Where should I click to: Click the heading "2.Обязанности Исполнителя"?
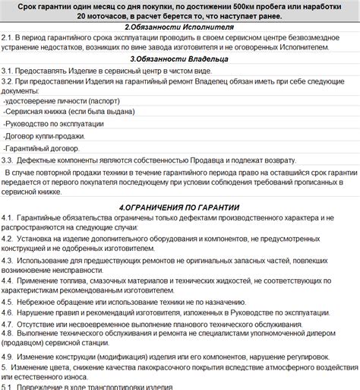point(179,26)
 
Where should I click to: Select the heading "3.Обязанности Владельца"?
point(179,59)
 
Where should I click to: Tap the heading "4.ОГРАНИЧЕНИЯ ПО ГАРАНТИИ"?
point(179,207)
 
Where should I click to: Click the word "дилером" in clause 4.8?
point(328,334)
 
